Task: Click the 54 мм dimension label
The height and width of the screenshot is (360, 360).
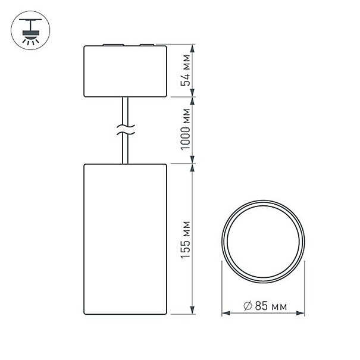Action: click(185, 70)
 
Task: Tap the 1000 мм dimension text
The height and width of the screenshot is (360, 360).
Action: click(185, 129)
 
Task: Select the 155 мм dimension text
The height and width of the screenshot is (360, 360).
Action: click(185, 240)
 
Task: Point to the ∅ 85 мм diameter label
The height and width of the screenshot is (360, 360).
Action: click(265, 306)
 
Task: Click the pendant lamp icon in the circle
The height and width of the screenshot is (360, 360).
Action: click(30, 30)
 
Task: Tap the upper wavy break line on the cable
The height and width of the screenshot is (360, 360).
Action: click(126, 126)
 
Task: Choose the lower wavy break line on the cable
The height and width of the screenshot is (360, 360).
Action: click(126, 133)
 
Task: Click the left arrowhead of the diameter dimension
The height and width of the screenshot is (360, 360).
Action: click(226, 313)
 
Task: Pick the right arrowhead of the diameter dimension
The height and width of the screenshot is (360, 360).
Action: click(300, 313)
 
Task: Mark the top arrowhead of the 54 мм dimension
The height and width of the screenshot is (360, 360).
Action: click(192, 49)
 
